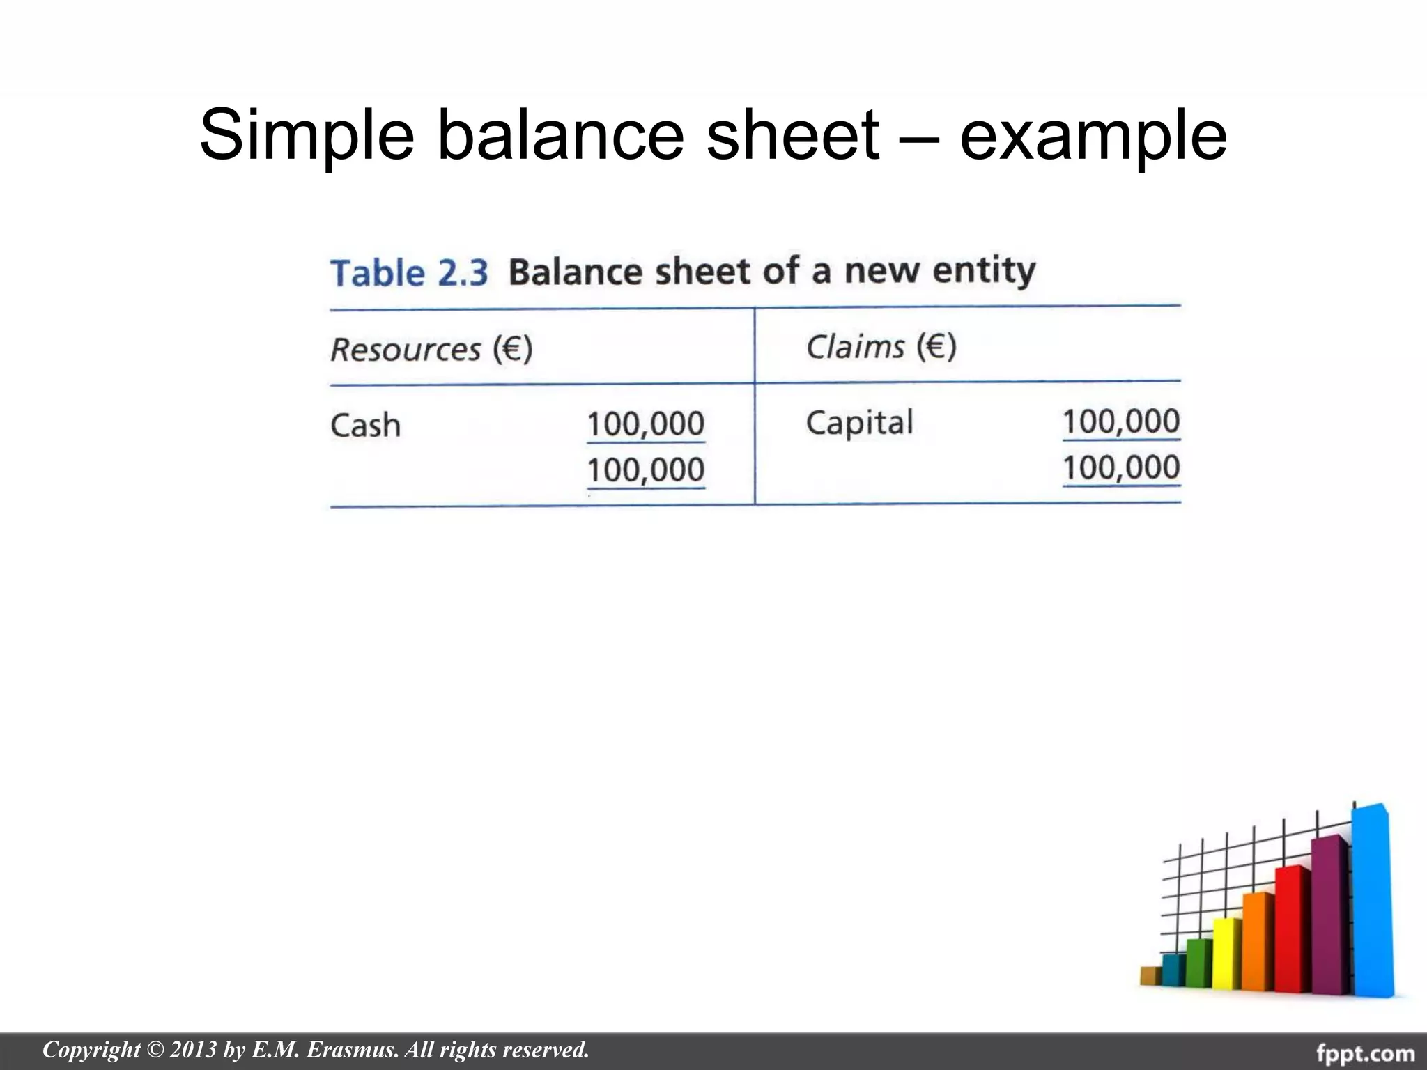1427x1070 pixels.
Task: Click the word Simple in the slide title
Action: pyautogui.click(x=307, y=134)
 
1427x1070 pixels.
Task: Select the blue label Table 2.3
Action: pyautogui.click(x=409, y=272)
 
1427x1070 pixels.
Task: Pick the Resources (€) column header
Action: pyautogui.click(x=431, y=348)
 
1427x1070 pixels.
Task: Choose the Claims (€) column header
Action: pyautogui.click(x=881, y=346)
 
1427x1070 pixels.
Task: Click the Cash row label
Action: pyautogui.click(x=365, y=425)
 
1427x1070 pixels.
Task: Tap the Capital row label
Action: pyautogui.click(x=859, y=422)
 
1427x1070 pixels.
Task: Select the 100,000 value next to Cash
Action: pyautogui.click(x=645, y=424)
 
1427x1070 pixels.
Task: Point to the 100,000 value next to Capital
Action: pyautogui.click(x=1120, y=421)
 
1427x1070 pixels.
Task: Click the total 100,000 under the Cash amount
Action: pyautogui.click(x=645, y=470)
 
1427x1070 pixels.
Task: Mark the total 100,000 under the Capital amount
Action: pyautogui.click(x=1120, y=467)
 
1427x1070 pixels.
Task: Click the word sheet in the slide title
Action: pyautogui.click(x=792, y=134)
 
